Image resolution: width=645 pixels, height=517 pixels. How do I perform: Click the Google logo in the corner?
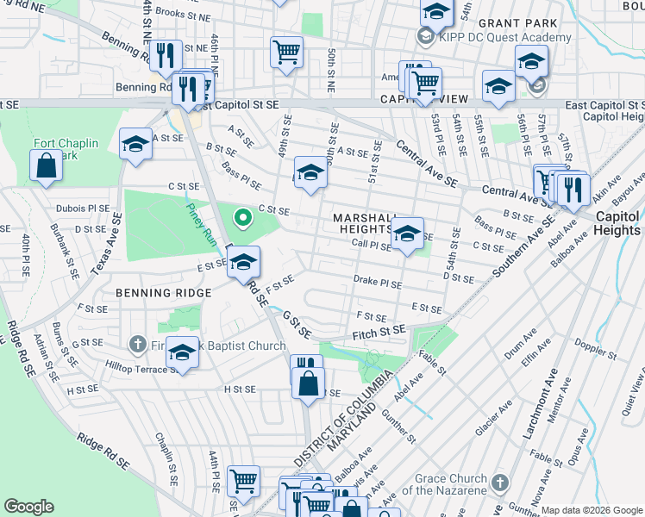coord(28,507)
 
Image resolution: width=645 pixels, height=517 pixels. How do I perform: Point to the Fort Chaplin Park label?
coord(66,149)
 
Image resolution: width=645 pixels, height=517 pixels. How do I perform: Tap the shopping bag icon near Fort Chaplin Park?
coord(45,167)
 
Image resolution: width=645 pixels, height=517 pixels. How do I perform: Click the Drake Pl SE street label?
coord(378,283)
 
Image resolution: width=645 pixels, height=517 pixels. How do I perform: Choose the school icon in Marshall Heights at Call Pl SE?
coord(407,233)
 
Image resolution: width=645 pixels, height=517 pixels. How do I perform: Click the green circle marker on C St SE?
coord(243,217)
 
